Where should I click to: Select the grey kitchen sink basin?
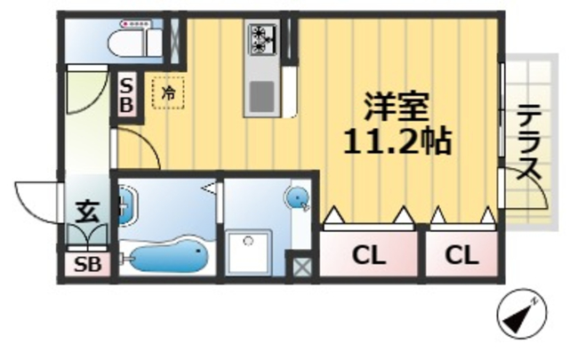coord(262,94)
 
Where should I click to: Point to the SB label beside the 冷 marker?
coord(127,93)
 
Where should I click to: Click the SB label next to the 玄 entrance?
coord(87,264)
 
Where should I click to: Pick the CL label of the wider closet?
coord(368,256)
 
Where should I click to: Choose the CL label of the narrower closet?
coord(461,256)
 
